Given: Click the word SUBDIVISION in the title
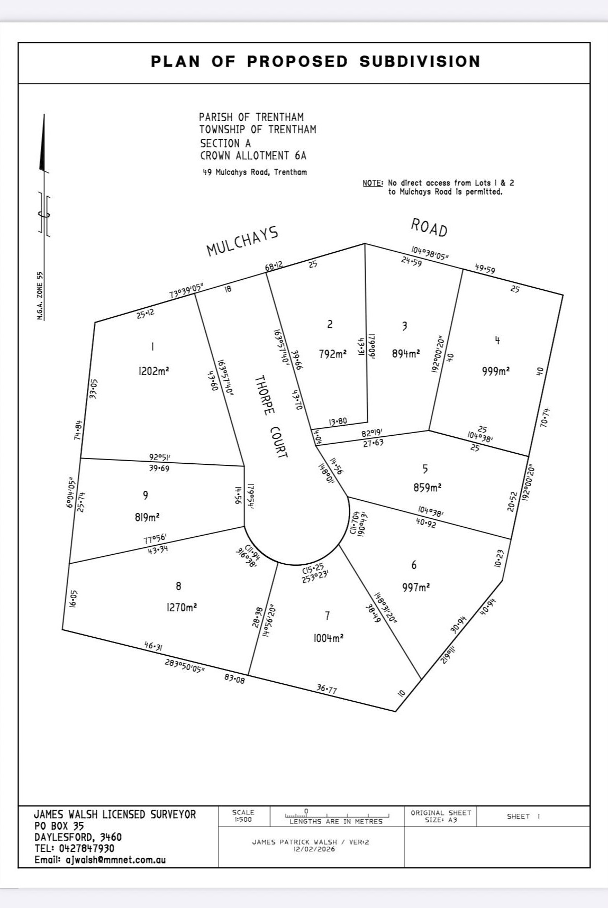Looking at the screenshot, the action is pos(420,61).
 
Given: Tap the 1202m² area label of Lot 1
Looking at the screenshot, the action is pos(153,371).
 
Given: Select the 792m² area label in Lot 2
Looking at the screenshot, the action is pos(333,354).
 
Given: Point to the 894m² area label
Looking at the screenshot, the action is pos(406,354).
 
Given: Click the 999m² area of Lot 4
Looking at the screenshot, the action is pos(496,371).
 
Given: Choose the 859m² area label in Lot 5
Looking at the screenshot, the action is pos(428,487).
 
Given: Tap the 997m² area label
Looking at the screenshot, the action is pos(416,587).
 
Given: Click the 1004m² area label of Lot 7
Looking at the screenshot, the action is pos(329,638).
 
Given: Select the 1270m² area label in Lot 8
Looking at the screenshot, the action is pos(182,608).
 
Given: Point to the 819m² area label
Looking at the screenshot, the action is pos(147,517).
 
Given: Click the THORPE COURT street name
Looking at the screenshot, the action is pos(271,417).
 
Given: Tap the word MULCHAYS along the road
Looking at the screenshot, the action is pos(242,241).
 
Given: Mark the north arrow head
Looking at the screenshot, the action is pos(42,143).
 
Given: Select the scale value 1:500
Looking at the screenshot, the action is pos(243,820).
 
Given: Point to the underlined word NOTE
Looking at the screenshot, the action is pos(373,183).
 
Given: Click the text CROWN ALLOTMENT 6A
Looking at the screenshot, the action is pos(253,155).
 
